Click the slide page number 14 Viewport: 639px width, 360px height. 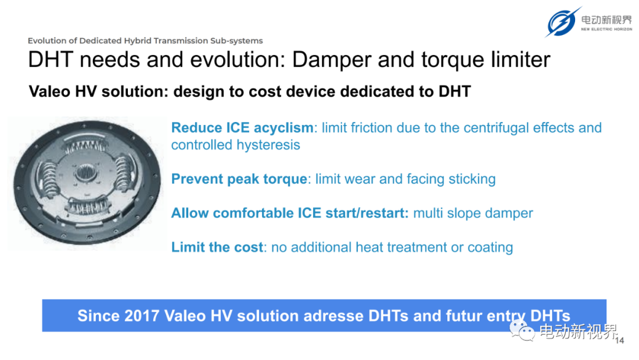619,340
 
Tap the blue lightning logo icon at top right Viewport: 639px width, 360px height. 563,22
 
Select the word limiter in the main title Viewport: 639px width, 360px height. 521,60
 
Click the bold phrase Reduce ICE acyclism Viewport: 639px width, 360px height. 242,128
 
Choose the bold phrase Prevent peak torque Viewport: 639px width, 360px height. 239,179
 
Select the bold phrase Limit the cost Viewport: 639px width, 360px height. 217,247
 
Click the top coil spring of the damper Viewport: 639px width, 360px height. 86,146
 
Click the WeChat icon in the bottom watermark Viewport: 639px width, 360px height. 522,330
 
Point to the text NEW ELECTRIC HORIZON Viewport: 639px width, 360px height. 606,30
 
